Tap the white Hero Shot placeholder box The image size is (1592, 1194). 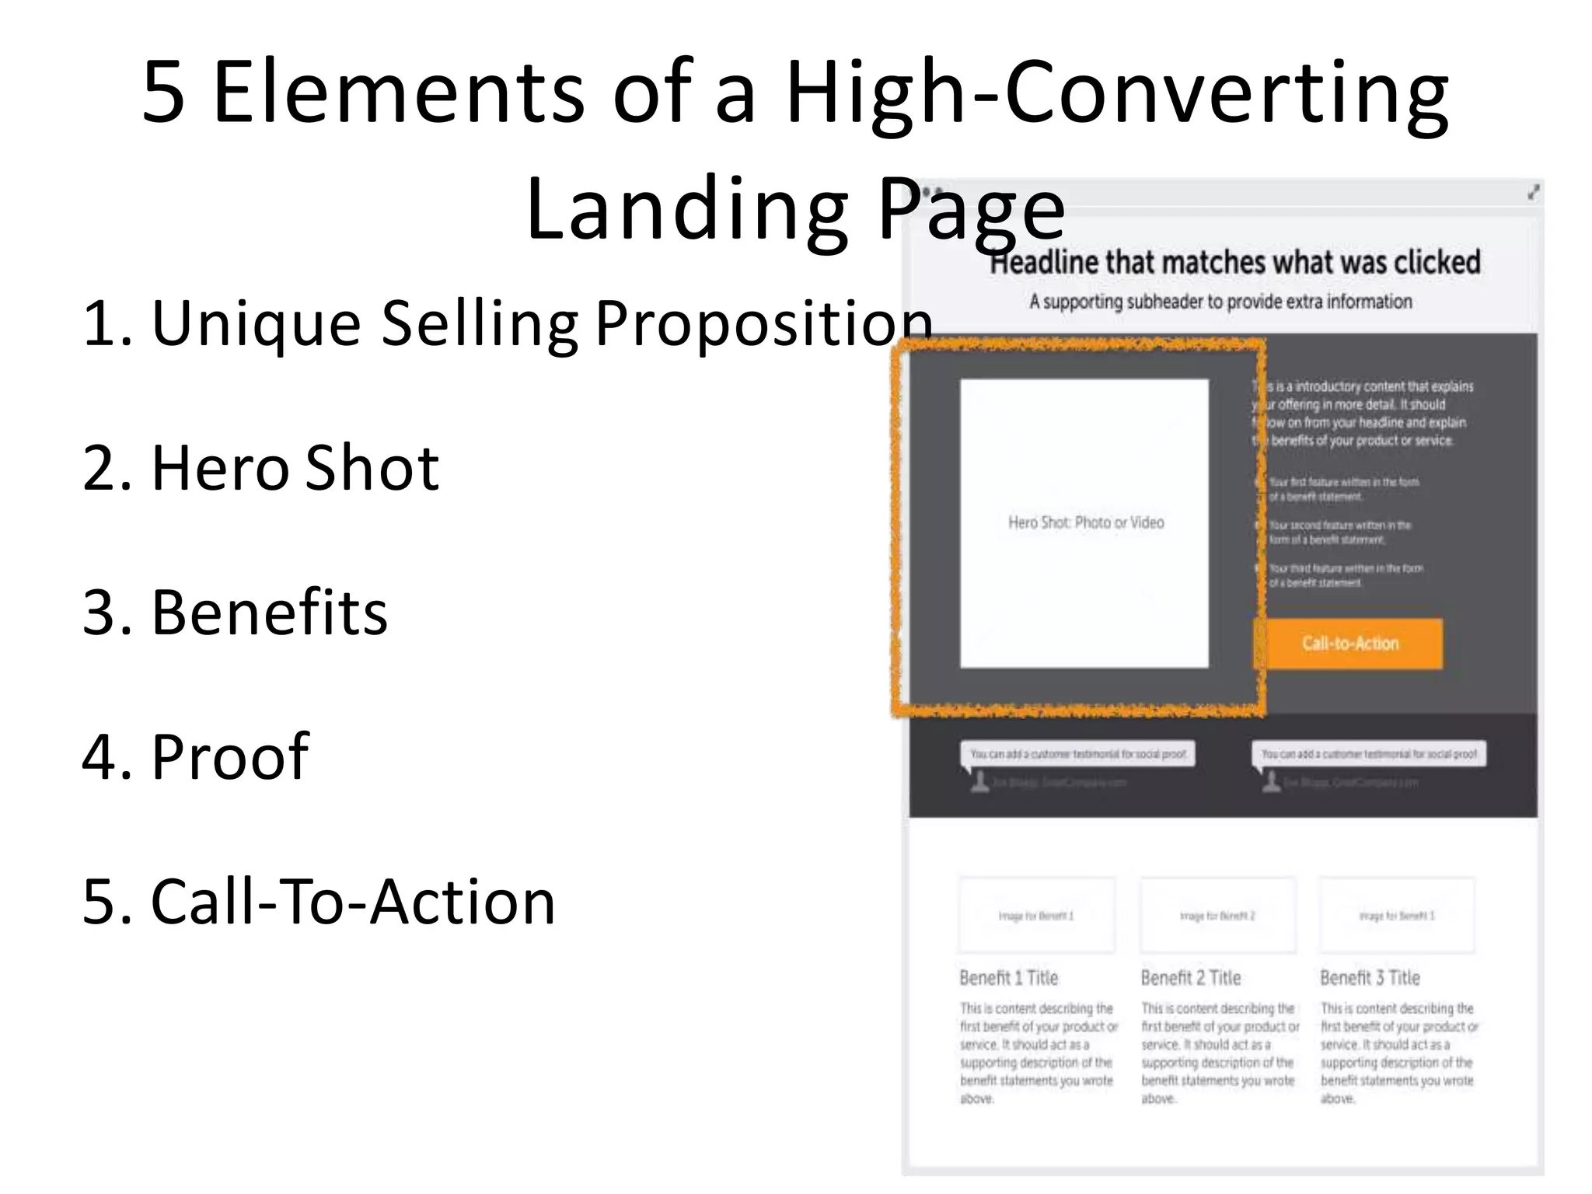coord(1084,522)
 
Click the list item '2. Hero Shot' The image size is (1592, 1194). coord(260,468)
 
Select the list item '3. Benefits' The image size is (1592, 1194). coord(235,613)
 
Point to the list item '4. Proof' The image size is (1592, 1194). coord(195,756)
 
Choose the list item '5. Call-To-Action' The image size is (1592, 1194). coord(319,902)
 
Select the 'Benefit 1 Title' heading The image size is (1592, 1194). coord(1008,978)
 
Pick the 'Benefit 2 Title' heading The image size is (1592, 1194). coord(1190,978)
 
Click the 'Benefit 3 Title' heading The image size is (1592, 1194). coord(1370,978)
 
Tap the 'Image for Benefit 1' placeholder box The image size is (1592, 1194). coord(1036,916)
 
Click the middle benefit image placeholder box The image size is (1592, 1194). coord(1217,916)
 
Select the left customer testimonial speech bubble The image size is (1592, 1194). coord(1078,754)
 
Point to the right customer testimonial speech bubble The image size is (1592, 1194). coord(1369,754)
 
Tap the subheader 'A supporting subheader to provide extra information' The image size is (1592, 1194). coord(1220,302)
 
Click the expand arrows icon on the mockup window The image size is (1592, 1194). coord(1532,192)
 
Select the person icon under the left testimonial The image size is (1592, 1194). coord(979,782)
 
